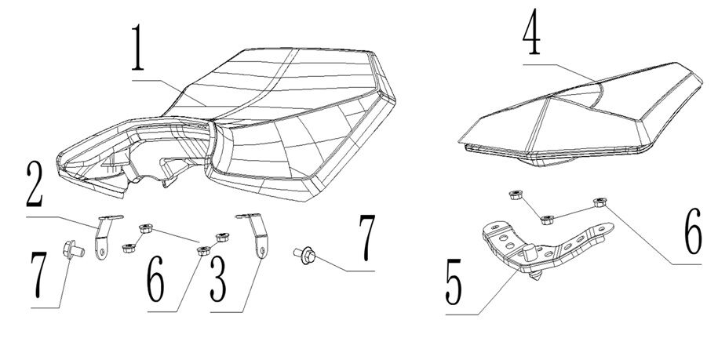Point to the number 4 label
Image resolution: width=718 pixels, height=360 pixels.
pyautogui.click(x=534, y=35)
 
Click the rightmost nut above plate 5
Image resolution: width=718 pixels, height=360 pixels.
pyautogui.click(x=600, y=202)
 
